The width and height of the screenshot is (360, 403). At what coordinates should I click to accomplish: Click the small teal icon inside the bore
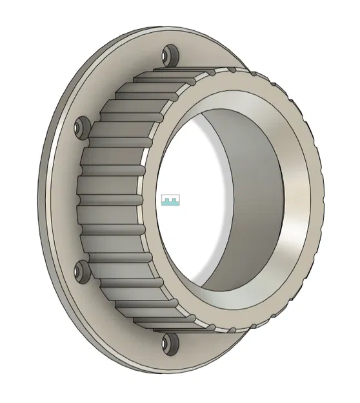click(x=170, y=201)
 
